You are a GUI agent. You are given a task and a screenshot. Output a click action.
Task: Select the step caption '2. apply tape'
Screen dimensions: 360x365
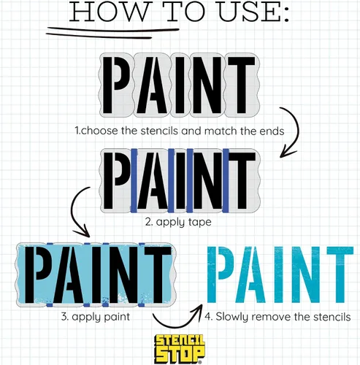178,222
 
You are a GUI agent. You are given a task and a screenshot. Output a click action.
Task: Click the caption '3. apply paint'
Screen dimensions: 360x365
96,317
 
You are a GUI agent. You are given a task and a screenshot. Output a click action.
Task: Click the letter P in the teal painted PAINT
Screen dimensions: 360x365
221,274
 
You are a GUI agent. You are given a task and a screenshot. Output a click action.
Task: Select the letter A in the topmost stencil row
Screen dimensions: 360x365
152,85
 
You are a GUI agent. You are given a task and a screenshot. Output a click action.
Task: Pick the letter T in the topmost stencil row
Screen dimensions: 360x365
241,85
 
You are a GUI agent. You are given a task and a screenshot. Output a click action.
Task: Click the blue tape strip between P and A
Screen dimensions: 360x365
134,180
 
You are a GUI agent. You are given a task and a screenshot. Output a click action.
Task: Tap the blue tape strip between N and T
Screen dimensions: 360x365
226,180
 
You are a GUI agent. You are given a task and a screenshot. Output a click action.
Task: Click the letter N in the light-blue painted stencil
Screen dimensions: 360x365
123,274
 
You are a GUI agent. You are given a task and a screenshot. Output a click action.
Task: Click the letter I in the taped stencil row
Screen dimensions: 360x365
180,180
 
